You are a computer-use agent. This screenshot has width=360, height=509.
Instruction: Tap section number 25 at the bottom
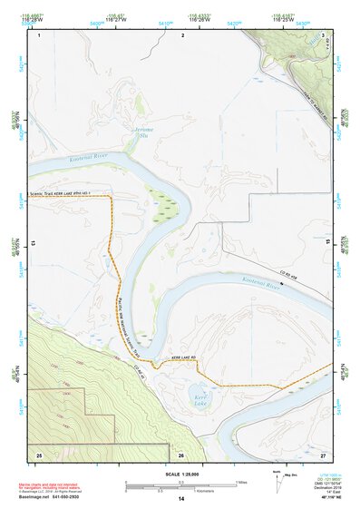(x=39, y=453)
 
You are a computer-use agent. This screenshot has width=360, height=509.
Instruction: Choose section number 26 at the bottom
(x=181, y=453)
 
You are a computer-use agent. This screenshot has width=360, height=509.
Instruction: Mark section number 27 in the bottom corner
(x=323, y=453)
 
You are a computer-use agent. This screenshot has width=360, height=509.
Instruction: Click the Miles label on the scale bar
(x=240, y=481)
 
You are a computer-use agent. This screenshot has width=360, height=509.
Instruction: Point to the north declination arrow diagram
(x=277, y=479)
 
